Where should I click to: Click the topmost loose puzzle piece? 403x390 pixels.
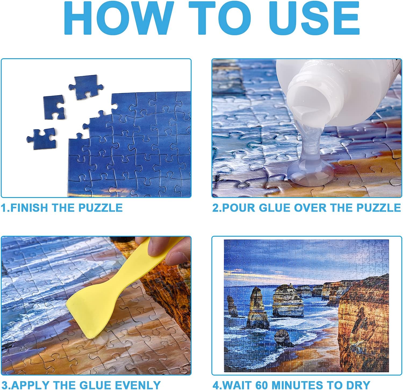coord(86,87)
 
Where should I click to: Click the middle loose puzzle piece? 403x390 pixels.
coord(54,107)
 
